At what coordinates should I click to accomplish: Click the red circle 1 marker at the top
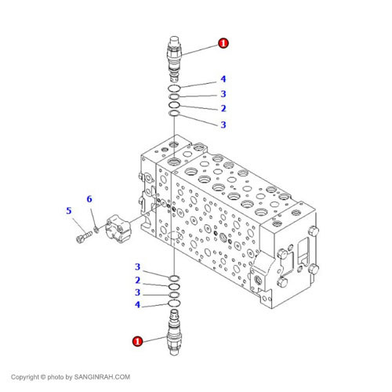[223, 44]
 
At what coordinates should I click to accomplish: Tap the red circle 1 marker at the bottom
[137, 341]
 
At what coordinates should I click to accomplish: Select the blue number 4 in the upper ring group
[223, 79]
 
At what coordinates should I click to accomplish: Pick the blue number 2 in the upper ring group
[223, 108]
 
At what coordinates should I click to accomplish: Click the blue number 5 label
[69, 210]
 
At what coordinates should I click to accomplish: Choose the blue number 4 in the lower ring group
[137, 304]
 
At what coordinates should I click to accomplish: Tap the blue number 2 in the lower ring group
[137, 280]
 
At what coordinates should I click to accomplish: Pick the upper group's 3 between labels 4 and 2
[223, 94]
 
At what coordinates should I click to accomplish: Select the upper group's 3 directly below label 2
[223, 125]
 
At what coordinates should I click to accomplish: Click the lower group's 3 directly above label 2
[137, 267]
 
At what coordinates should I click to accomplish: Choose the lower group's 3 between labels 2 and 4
[137, 292]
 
